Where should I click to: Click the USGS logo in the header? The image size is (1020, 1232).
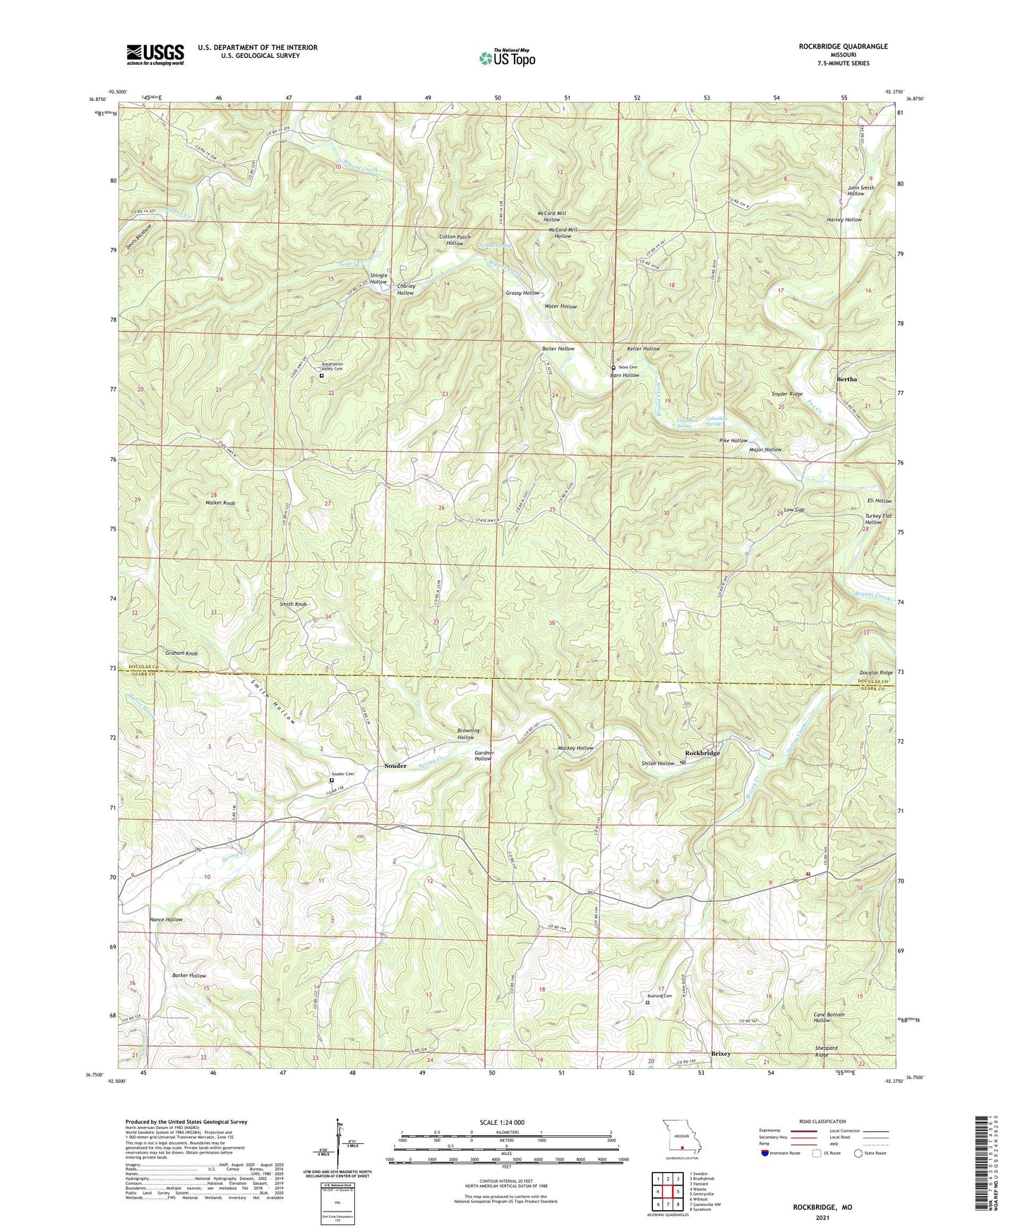coord(155,54)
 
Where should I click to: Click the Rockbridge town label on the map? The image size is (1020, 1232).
coord(702,754)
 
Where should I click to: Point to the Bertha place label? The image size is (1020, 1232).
coord(846,379)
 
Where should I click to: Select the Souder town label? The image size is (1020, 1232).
coord(395,766)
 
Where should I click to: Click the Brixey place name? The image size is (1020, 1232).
coord(720,1053)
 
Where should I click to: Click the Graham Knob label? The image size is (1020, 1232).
coord(182,653)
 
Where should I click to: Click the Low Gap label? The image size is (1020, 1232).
coord(794,509)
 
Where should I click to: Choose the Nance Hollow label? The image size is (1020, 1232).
coord(166,919)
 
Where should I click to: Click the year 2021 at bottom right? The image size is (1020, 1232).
coord(822,1217)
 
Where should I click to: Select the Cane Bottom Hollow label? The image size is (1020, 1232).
coord(828,1017)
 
